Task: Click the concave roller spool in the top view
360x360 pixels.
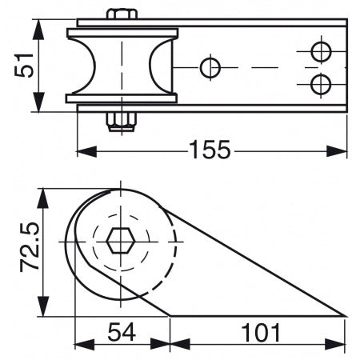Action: tap(122, 66)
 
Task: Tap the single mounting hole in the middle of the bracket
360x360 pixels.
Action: tap(210, 67)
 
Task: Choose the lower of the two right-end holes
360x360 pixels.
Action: tap(321, 83)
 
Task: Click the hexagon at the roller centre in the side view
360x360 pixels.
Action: tap(121, 238)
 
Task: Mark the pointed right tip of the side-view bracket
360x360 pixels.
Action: tap(345, 315)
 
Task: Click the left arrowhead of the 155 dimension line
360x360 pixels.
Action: tap(82, 150)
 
